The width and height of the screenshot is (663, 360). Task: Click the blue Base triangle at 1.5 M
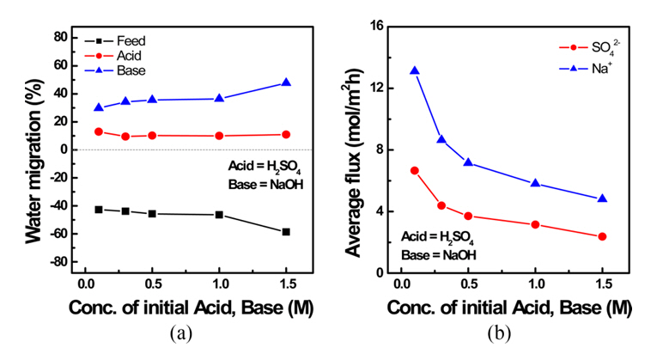click(x=286, y=82)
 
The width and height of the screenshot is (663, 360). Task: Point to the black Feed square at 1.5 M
click(x=286, y=232)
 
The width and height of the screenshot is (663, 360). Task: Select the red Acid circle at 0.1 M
click(x=99, y=131)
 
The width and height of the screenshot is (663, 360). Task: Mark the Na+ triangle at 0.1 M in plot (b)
click(x=415, y=70)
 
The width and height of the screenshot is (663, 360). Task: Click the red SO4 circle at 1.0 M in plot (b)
click(x=535, y=224)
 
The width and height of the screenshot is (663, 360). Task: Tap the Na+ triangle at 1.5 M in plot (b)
click(x=602, y=198)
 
